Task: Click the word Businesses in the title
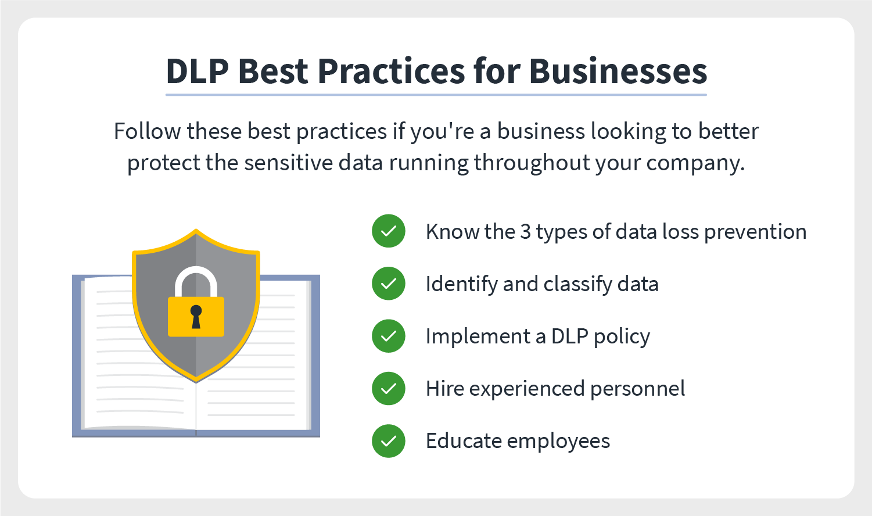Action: [618, 71]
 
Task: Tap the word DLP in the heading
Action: [197, 71]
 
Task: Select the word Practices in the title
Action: [391, 71]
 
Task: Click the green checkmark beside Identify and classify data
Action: [389, 284]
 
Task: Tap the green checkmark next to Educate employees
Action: [389, 441]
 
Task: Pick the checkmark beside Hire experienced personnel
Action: [389, 388]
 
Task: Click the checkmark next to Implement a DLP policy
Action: [389, 336]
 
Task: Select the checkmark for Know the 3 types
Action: [389, 231]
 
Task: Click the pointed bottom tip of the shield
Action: [196, 382]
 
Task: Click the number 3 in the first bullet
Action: [526, 232]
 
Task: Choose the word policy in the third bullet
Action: [622, 337]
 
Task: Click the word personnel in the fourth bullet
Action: [637, 389]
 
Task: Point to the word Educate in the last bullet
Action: [463, 441]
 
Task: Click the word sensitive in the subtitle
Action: [289, 162]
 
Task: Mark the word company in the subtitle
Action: [695, 163]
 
